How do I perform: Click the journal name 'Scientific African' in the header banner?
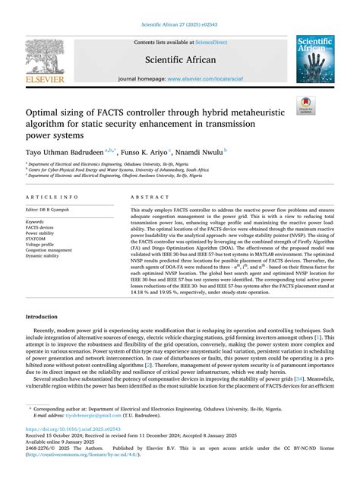coord(180,59)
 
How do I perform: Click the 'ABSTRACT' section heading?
coord(150,196)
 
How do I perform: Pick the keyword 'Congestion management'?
coord(52,249)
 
